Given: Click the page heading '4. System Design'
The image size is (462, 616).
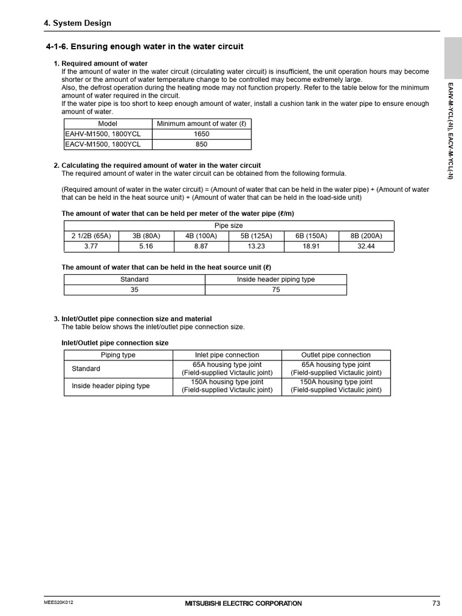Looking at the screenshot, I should coord(78,23).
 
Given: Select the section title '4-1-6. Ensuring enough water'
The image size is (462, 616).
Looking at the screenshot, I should coord(144,47).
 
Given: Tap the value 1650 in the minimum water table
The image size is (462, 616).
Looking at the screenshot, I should coord(202,134).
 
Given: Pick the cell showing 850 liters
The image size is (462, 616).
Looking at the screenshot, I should coord(202,144).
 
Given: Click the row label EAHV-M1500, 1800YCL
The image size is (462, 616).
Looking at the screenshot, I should coord(103,134).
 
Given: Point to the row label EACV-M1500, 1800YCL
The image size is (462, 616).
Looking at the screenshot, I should coord(103,144).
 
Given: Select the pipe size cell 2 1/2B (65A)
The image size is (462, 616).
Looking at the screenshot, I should coord(91,236).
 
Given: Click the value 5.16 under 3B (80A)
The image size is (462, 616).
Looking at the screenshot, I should coord(146,246).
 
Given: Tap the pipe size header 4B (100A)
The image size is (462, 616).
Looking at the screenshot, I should coord(202,236).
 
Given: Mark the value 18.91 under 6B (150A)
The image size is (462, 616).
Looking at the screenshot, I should coord(311,246).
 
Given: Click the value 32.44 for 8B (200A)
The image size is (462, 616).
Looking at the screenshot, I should coord(366,246).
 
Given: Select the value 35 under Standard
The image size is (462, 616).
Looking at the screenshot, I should coord(134,289).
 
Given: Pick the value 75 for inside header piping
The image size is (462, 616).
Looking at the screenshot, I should coord(276,289).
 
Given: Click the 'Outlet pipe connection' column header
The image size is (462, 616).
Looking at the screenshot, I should coord(336,355).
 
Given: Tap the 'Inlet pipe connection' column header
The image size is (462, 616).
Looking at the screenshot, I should coord(227,355).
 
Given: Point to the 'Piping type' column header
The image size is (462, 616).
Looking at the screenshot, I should coord(118,355).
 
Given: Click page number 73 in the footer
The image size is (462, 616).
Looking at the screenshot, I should coord(436,603).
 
